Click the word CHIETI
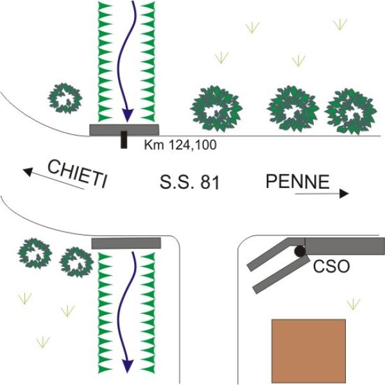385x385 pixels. [76, 173]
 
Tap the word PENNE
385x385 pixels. [297, 182]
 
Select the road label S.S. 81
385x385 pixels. [189, 183]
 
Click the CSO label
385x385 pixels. [331, 266]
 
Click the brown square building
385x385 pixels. [309, 350]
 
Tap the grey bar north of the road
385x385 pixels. [124, 130]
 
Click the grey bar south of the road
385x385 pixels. [125, 243]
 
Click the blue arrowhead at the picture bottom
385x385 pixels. [128, 364]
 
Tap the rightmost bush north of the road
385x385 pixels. [350, 110]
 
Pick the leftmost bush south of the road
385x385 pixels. [34, 252]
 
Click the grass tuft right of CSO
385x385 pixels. [353, 303]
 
